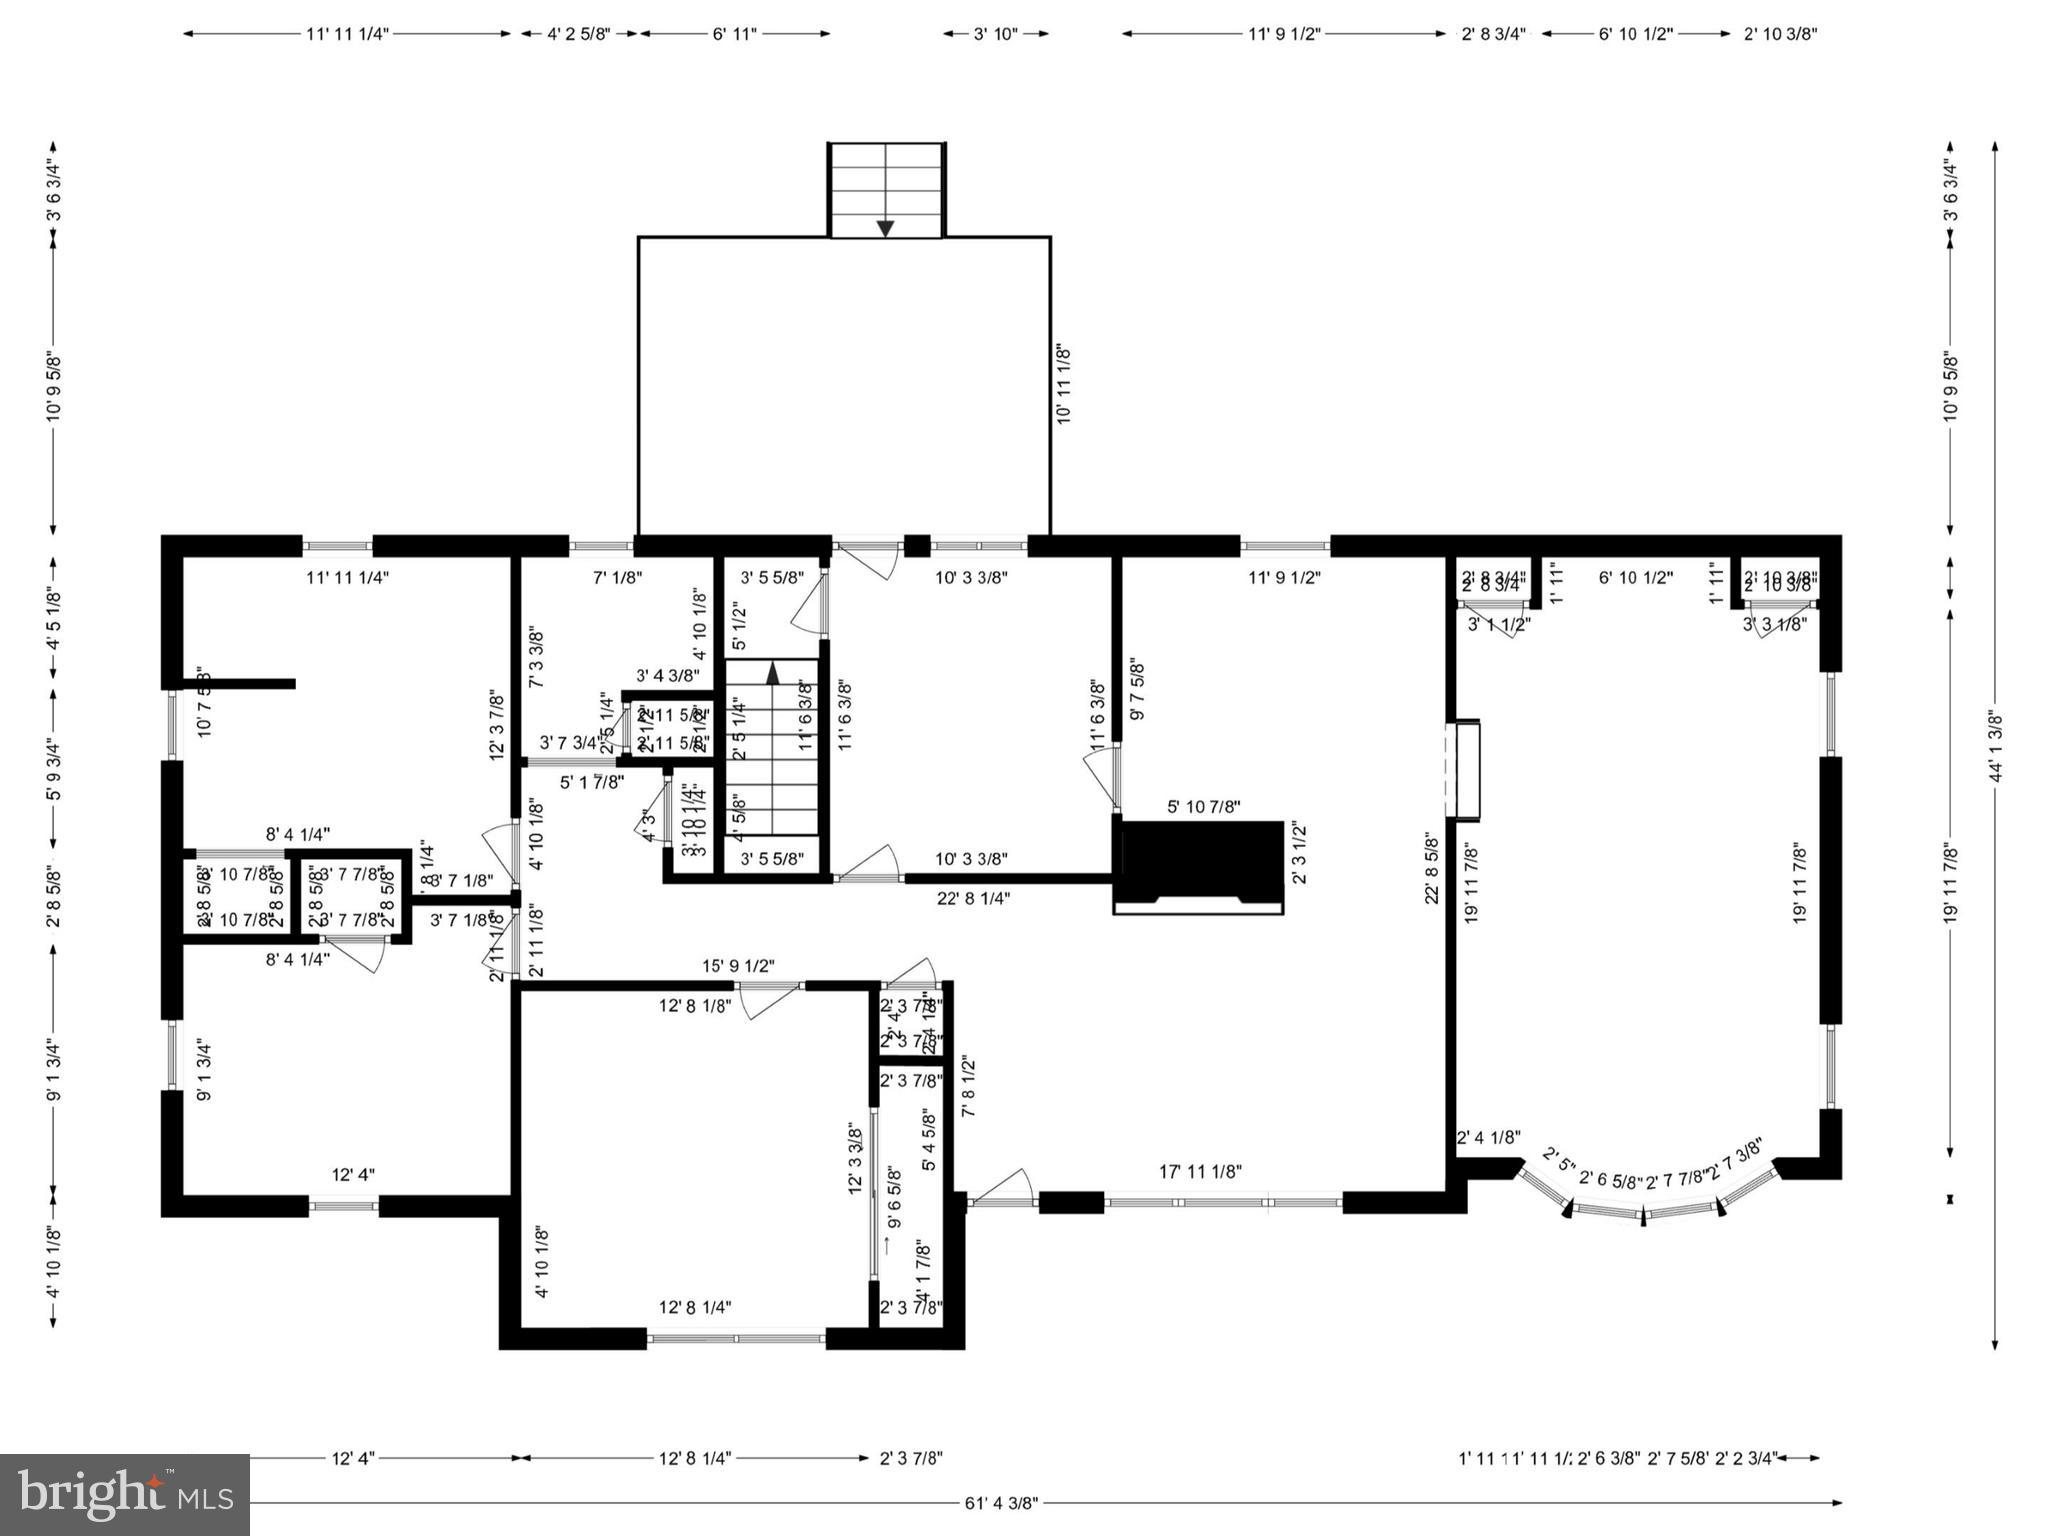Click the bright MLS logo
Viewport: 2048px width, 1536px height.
coord(125,1494)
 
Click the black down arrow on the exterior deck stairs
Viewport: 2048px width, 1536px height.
coord(885,228)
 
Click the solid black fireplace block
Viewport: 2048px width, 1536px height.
coord(1200,860)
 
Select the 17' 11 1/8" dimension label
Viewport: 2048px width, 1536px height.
coord(1200,1171)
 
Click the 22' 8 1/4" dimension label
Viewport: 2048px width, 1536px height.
coord(973,898)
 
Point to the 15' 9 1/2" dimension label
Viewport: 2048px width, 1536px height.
coord(738,966)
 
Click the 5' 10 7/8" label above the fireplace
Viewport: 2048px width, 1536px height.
coord(1204,807)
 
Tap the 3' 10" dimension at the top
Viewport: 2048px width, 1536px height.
coord(995,34)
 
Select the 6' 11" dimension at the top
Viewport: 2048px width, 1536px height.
coord(735,34)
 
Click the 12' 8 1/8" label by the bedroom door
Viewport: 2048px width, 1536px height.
coord(695,1006)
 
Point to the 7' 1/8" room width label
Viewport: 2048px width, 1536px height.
coord(617,577)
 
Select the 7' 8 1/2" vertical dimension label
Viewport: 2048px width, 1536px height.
coord(967,1087)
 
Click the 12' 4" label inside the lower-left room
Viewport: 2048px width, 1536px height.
coord(353,1175)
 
